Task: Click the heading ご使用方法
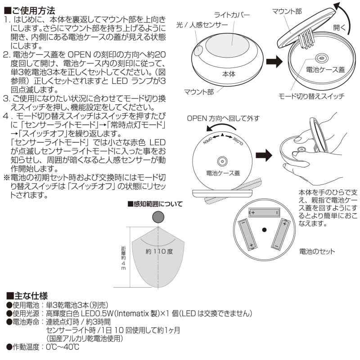point(30,9)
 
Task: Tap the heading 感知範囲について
point(155,204)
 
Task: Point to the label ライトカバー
point(232,15)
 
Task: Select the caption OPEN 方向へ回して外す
point(223,118)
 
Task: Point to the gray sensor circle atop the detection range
point(158,217)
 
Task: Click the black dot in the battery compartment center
point(265,230)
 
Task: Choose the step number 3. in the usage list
point(7,97)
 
